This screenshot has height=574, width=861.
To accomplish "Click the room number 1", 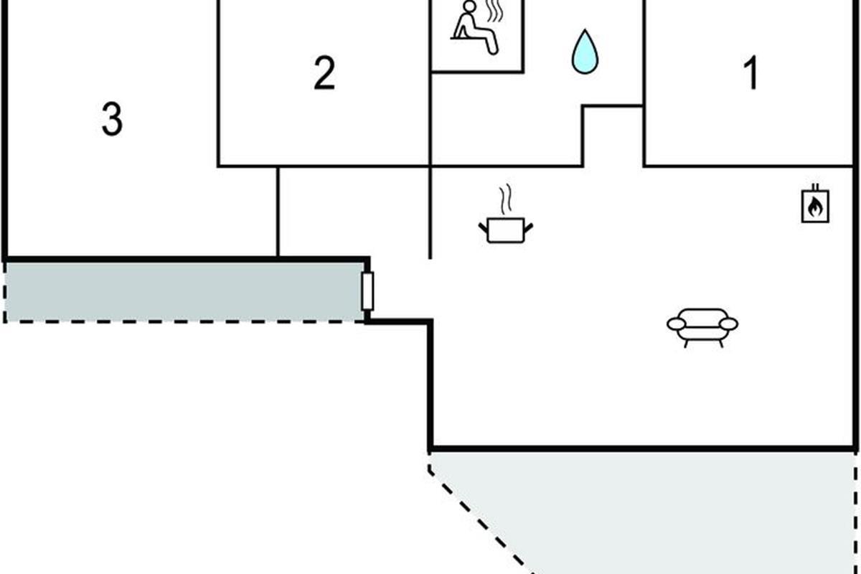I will click(x=751, y=75).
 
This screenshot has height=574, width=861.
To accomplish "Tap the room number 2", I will click(x=324, y=74).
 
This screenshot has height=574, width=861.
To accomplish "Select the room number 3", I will click(x=111, y=120).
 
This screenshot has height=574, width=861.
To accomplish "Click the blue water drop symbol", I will click(x=585, y=51).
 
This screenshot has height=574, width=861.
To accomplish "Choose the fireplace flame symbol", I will click(x=816, y=205).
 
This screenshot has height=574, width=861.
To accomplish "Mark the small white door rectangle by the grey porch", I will click(x=367, y=291).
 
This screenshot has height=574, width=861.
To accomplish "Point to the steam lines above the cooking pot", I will click(x=506, y=199).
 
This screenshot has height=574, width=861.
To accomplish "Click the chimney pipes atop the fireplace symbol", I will click(x=816, y=189).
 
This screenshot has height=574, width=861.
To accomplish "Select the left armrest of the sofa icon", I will click(x=676, y=324).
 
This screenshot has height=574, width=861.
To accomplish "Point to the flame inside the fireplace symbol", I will click(x=816, y=208).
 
